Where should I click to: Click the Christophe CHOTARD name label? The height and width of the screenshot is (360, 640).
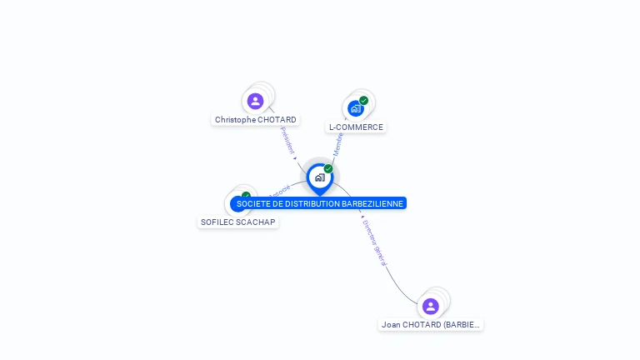255,120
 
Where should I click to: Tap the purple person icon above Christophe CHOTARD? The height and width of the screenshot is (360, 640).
255,102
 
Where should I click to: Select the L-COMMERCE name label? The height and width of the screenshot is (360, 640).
356,127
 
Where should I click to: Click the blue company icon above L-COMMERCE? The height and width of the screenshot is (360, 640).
355,109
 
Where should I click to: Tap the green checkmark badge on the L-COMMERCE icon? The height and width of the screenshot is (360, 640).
363,101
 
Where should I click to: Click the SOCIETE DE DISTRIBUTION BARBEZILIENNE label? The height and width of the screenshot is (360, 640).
319,203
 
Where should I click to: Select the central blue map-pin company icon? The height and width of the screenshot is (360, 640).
319,177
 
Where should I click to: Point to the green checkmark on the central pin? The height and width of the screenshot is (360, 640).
328,169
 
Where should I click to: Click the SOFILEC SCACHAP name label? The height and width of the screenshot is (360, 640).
237,222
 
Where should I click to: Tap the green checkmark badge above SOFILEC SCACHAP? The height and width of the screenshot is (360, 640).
246,196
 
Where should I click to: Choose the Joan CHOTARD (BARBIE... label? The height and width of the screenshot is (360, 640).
431,324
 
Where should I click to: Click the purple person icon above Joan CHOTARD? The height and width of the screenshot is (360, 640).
430,306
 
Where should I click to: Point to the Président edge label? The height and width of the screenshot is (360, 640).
287,140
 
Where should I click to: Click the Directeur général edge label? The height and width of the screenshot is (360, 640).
375,242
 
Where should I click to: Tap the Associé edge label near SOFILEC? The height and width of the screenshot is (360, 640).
279,191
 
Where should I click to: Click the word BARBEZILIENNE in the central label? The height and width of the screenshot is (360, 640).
372,203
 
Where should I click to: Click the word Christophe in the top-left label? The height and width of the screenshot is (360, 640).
235,120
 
